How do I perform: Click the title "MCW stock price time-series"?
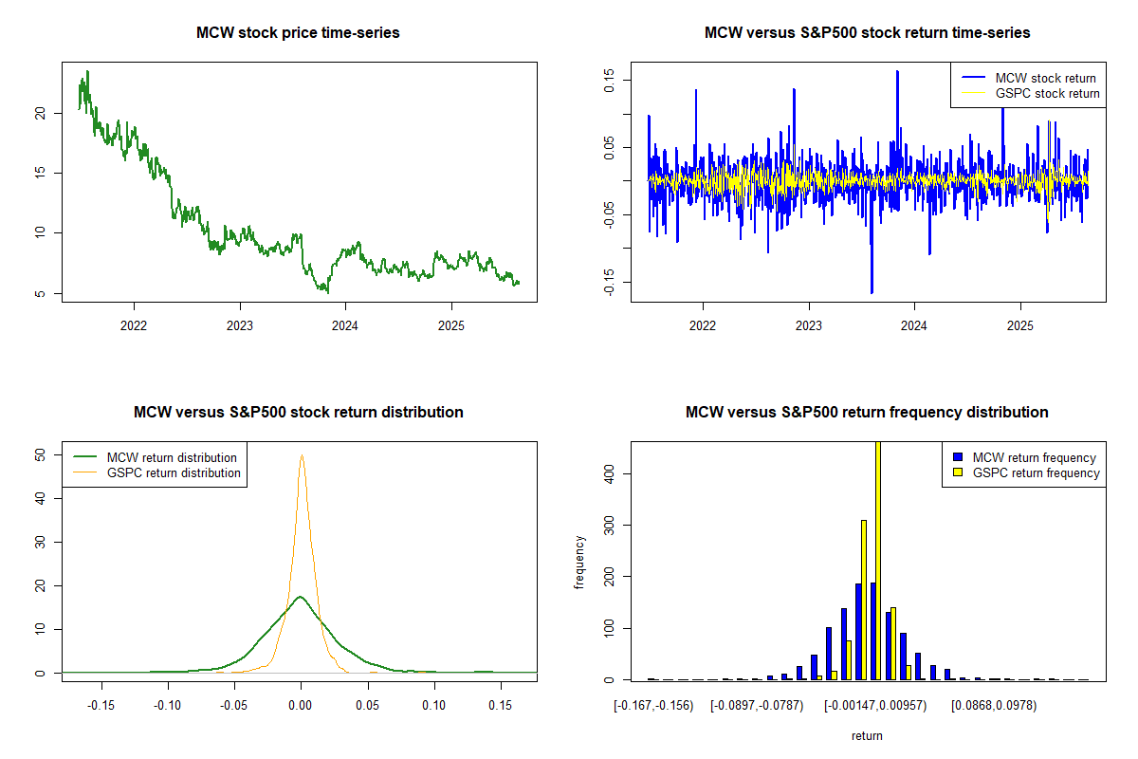coord(298,33)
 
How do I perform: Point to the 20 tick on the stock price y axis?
coord(39,113)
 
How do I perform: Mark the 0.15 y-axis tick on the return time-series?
coord(608,80)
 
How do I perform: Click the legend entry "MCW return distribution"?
coord(172,457)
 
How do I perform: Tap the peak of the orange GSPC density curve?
coord(302,455)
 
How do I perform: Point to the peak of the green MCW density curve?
coord(301,597)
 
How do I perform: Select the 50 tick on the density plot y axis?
coord(39,454)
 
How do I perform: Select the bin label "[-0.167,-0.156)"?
coord(653,705)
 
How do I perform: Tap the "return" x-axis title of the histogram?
coord(867,735)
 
